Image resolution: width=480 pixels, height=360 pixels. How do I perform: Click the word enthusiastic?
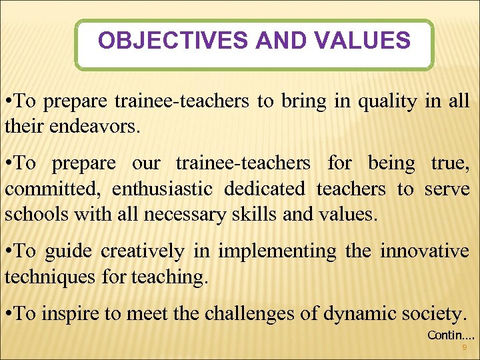162,190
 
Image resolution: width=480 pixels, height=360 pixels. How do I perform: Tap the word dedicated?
264,190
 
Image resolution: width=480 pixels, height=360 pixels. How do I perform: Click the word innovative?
424,251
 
